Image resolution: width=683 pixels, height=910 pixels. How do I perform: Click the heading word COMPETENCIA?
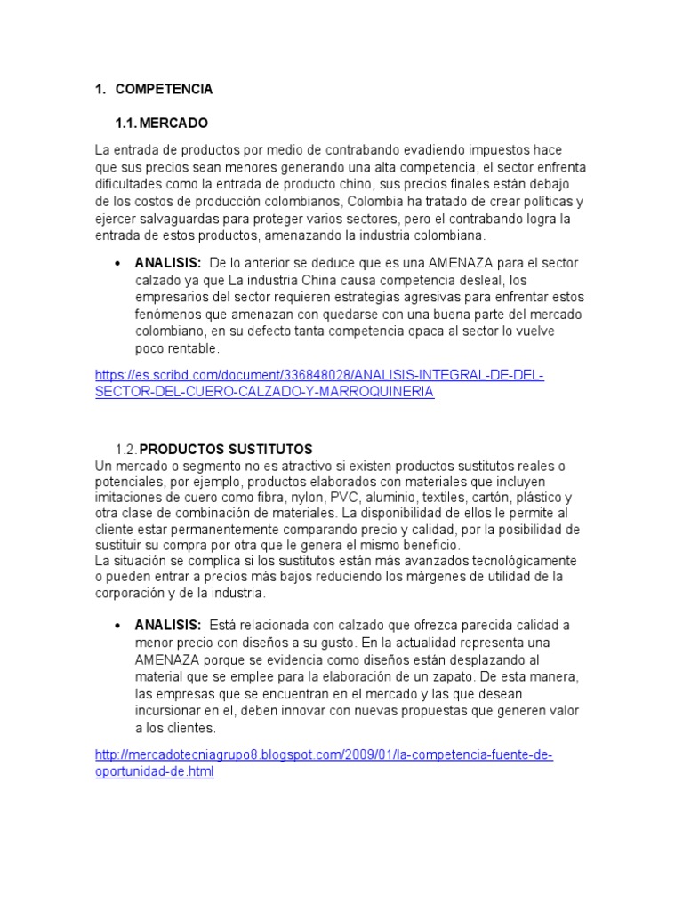pos(164,89)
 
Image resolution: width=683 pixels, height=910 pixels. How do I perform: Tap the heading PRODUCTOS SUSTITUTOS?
pos(226,449)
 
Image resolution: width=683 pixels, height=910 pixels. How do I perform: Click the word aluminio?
pos(396,498)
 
